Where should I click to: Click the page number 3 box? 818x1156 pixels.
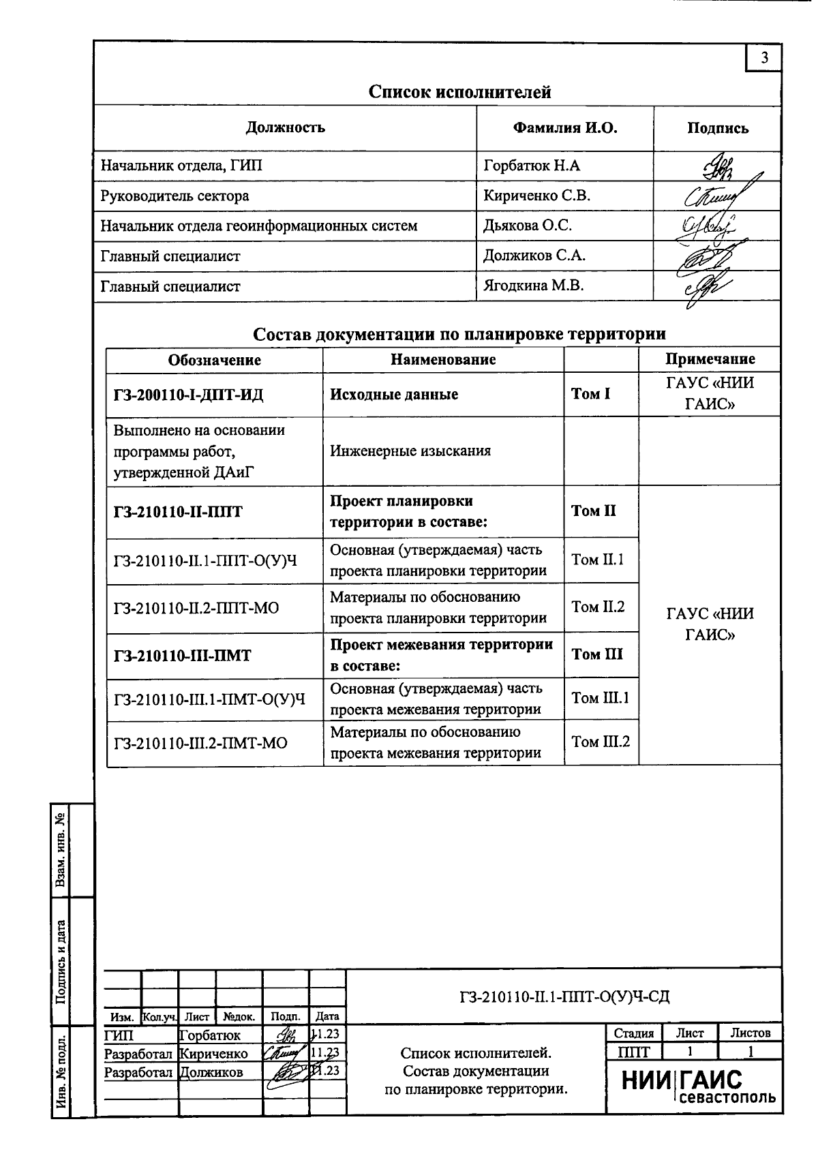click(x=764, y=58)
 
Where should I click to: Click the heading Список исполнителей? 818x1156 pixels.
click(x=459, y=92)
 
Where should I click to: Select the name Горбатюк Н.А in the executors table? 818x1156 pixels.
click(x=532, y=166)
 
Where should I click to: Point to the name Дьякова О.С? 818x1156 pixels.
click(x=528, y=226)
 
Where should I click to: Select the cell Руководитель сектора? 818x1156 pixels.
click(x=175, y=196)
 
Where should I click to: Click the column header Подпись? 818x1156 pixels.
click(x=717, y=128)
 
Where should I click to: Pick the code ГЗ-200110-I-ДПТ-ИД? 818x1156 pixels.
click(x=189, y=395)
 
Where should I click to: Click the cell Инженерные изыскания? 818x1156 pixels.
click(x=410, y=451)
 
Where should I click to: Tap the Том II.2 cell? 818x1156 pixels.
click(x=598, y=607)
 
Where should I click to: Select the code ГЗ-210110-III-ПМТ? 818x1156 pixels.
click(x=183, y=656)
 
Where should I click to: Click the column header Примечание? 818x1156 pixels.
click(x=710, y=359)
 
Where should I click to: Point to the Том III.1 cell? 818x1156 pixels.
click(x=600, y=698)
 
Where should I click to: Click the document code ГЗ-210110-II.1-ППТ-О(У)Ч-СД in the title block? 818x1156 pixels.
click(x=564, y=997)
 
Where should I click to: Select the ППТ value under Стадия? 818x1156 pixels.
click(x=633, y=1052)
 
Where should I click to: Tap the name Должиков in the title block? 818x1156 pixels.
click(x=210, y=1072)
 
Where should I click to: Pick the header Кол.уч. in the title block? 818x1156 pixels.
click(x=159, y=1017)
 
